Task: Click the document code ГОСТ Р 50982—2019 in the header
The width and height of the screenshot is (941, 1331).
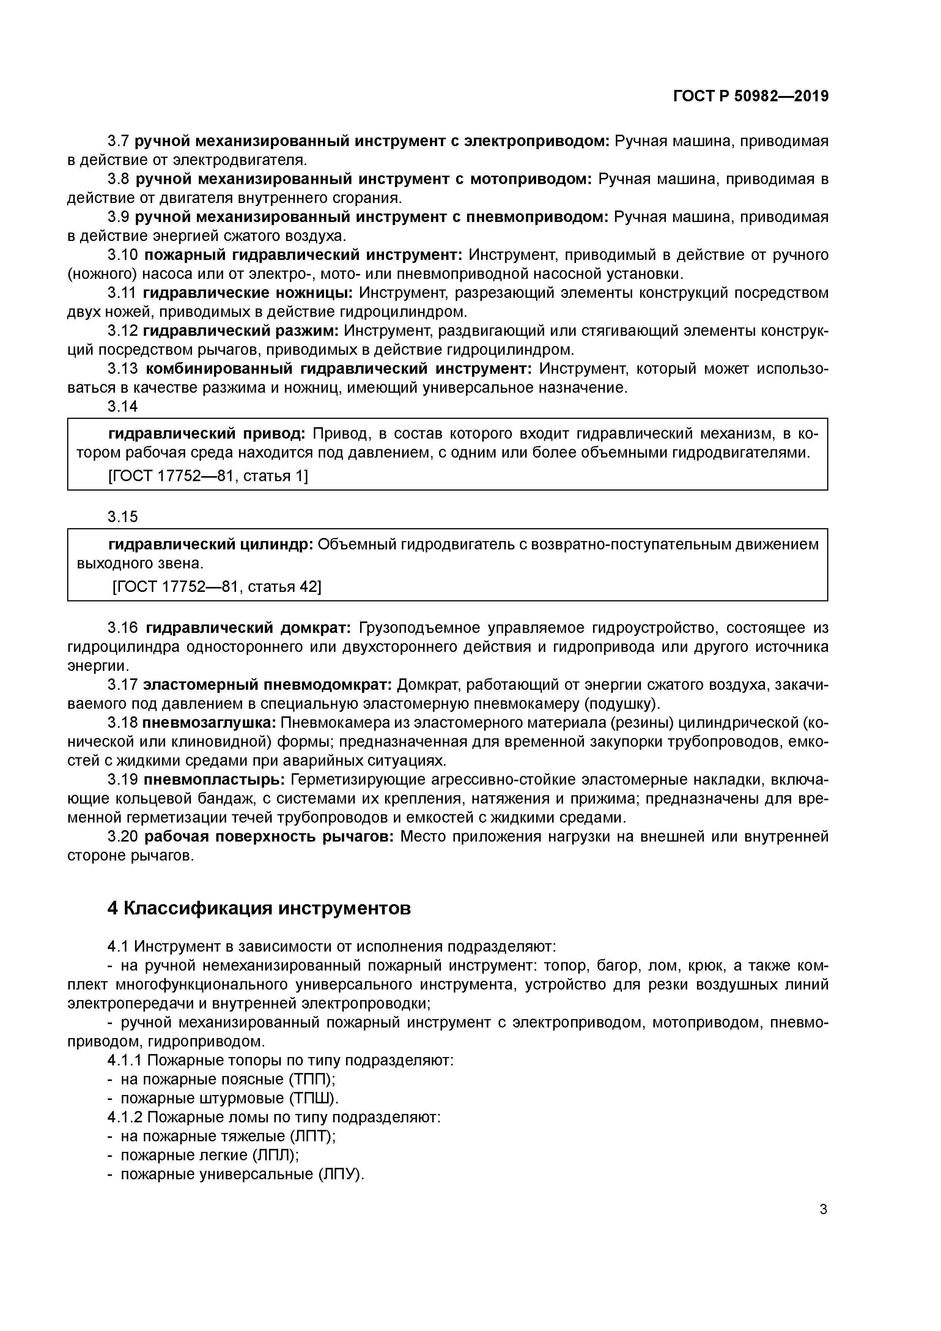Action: pyautogui.click(x=751, y=97)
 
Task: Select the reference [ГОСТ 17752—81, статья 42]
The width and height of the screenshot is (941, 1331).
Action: pyautogui.click(x=216, y=586)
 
